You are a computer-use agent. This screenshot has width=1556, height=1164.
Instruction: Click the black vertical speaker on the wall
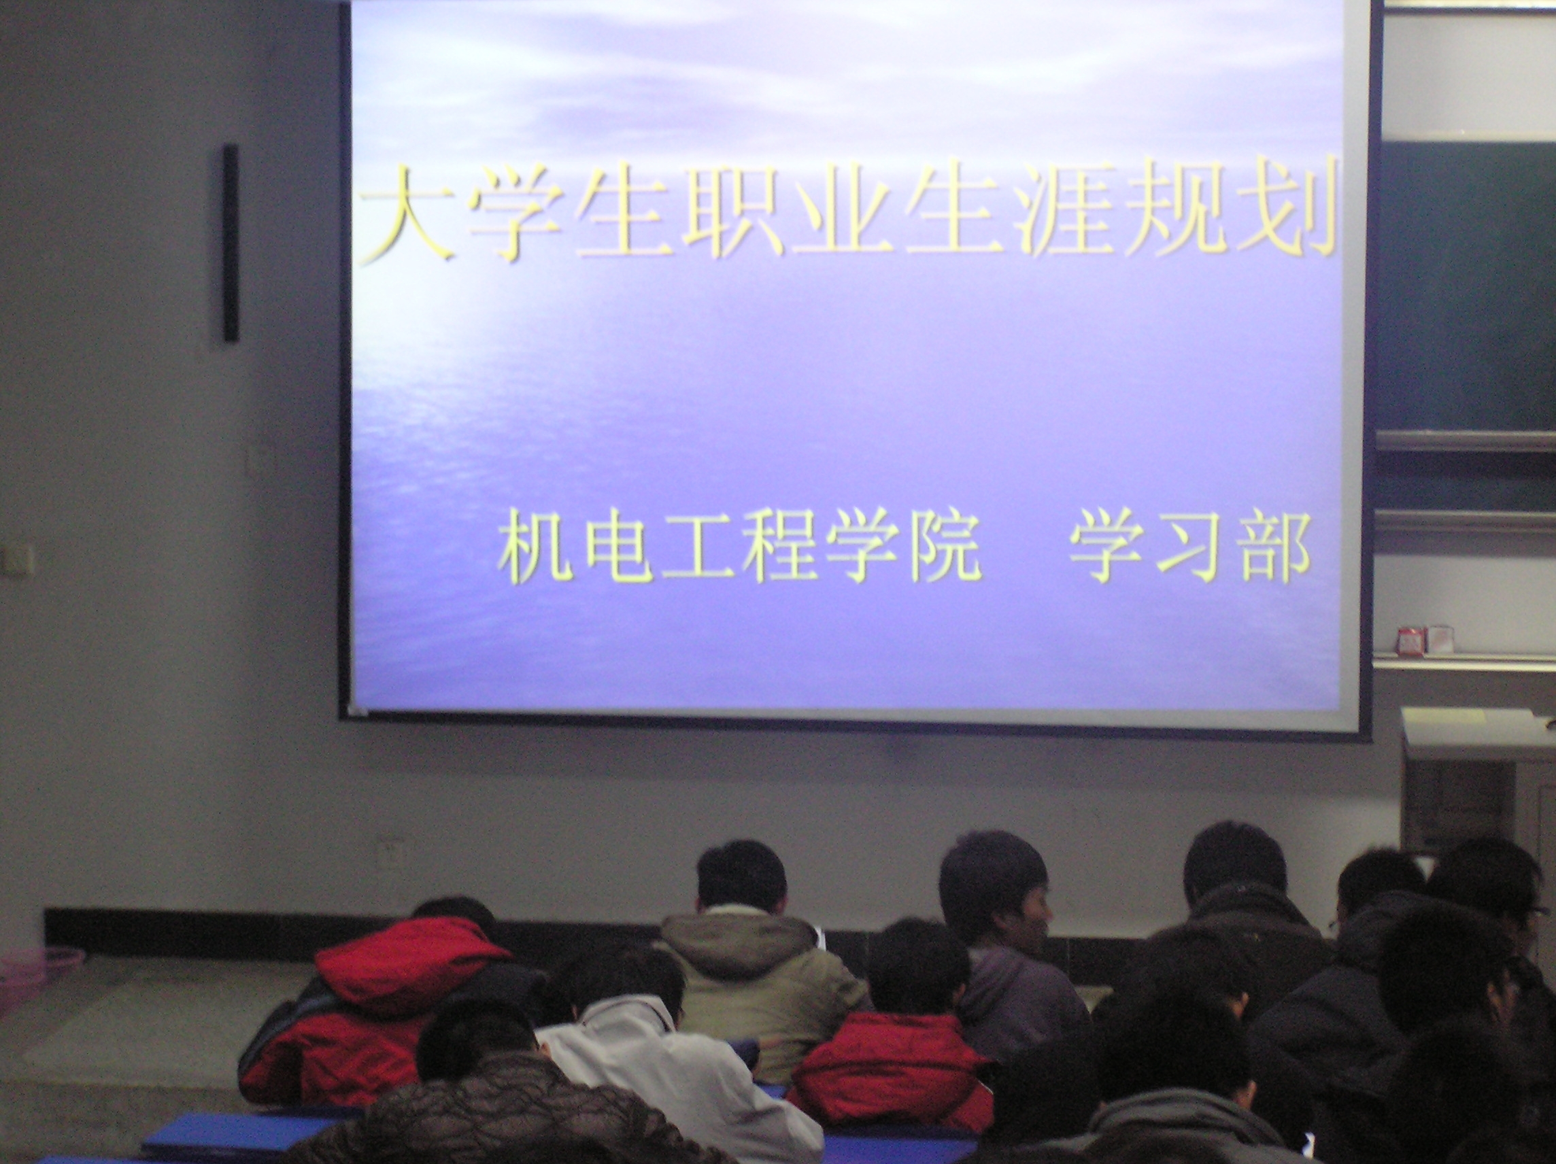[231, 243]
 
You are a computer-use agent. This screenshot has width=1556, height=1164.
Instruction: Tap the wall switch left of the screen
[258, 460]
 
